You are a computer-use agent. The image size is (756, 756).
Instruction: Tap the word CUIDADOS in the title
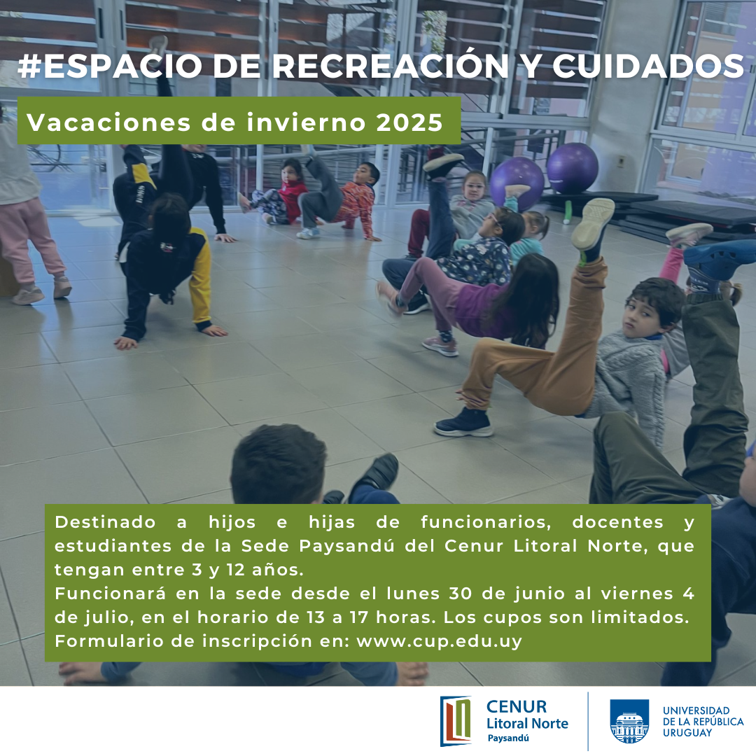point(648,66)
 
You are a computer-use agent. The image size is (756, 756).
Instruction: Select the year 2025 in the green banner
point(409,122)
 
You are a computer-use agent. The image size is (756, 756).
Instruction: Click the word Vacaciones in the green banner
point(109,122)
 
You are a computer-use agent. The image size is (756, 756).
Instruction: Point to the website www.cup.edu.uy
point(439,641)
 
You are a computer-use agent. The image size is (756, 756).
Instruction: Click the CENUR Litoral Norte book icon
point(455,721)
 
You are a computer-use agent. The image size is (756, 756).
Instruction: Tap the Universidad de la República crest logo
point(629,721)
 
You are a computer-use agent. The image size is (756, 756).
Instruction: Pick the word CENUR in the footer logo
point(517,707)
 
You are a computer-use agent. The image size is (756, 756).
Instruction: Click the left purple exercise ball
point(517,183)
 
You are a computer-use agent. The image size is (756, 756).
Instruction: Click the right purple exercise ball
point(573,168)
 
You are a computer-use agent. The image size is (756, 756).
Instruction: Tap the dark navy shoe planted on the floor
point(463,423)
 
